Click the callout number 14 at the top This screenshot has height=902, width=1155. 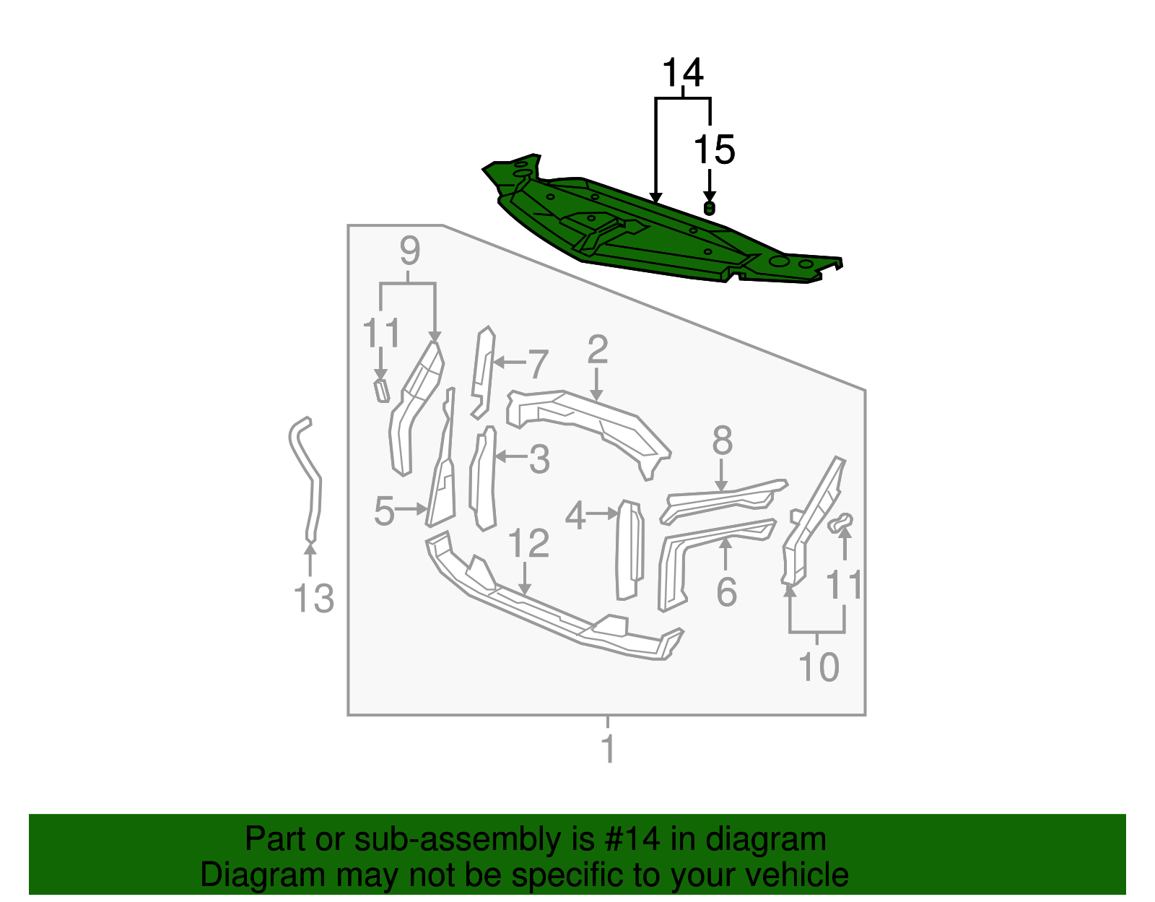tap(682, 73)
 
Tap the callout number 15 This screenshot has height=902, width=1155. tap(714, 150)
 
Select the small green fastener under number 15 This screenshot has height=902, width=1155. tap(710, 209)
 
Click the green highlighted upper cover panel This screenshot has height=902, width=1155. tap(650, 231)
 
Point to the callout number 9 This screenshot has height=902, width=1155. tap(409, 251)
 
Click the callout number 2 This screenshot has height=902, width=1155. tap(597, 350)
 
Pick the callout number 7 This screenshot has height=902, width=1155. tap(538, 364)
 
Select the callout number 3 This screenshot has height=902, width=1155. tap(539, 459)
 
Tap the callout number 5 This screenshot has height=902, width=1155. tap(384, 511)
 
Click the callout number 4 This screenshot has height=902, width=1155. tap(575, 516)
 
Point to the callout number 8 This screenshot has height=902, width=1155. tap(722, 441)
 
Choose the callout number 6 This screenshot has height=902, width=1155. tap(726, 592)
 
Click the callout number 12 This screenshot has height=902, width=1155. tap(528, 543)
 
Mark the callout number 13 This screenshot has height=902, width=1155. tap(314, 599)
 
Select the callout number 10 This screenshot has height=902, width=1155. tap(819, 667)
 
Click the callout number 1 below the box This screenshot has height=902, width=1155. tap(609, 749)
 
